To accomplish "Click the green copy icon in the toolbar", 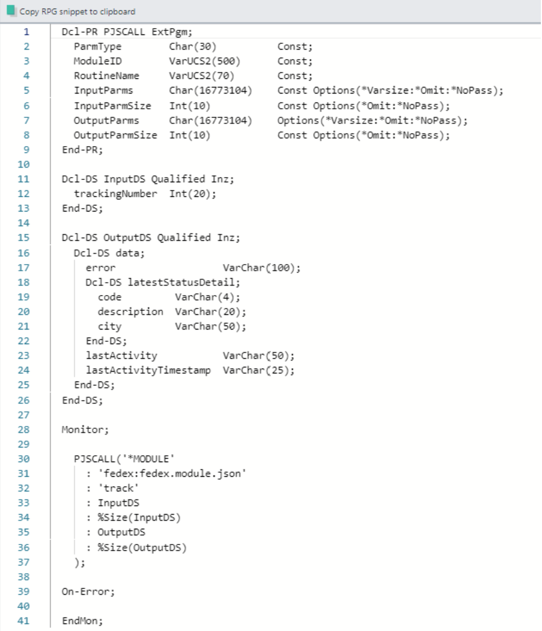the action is (x=11, y=11).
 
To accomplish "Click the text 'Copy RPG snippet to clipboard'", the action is (x=77, y=11).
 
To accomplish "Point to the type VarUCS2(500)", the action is (x=204, y=61).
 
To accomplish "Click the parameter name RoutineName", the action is (x=106, y=75).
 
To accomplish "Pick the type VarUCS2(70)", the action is (x=201, y=75).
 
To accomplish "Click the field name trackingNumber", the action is (x=116, y=193).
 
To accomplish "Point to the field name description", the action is (x=130, y=312).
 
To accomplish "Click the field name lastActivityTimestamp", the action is (x=148, y=370).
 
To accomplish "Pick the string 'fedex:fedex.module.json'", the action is (x=172, y=474).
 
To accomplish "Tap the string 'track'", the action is (x=119, y=488).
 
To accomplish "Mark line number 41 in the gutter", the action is (x=23, y=621).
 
